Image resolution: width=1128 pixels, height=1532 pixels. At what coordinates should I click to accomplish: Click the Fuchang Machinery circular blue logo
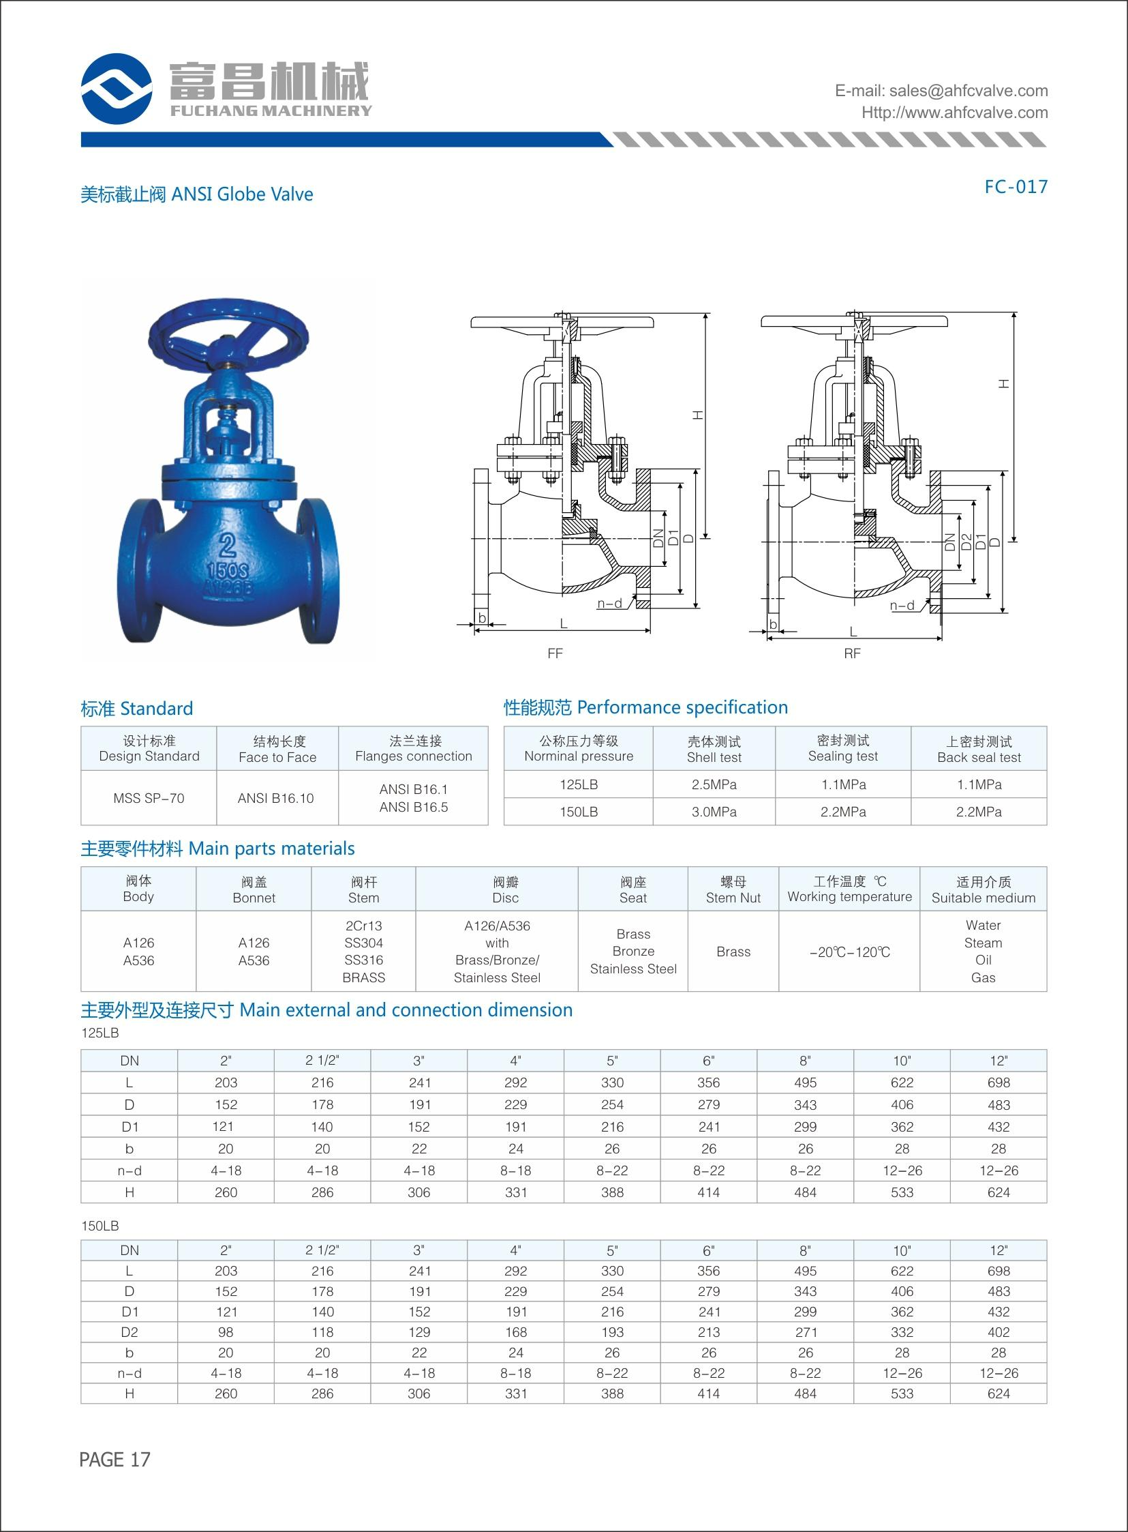(x=116, y=89)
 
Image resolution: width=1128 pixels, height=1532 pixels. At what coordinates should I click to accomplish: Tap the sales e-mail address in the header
(x=941, y=91)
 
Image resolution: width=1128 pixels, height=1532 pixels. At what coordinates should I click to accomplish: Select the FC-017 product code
(x=1016, y=186)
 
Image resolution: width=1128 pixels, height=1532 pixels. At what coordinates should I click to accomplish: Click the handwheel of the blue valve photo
(x=228, y=334)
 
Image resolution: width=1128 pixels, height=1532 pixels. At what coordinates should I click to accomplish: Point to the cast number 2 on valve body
(x=228, y=544)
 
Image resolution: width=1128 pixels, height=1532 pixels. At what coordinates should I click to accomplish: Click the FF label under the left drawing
(x=555, y=654)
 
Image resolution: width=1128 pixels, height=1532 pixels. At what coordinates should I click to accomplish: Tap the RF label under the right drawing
(x=852, y=654)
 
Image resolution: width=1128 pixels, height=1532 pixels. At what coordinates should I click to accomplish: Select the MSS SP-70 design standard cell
(x=149, y=798)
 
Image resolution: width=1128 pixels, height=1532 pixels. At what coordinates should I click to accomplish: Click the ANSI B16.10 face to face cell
(x=276, y=798)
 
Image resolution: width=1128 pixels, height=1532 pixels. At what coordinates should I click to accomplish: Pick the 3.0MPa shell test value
(x=714, y=812)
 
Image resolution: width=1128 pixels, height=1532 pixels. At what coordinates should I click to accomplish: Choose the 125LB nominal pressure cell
(x=579, y=784)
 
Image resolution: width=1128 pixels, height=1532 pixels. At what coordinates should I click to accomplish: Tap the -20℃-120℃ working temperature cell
(x=849, y=952)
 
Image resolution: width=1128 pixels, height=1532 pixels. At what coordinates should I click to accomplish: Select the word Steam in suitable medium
(x=983, y=943)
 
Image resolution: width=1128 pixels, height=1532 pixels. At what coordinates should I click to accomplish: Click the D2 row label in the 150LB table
(x=129, y=1331)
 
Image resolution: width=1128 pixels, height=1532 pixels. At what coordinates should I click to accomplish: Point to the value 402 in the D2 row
(x=999, y=1331)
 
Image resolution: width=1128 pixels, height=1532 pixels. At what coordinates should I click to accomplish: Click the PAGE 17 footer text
(x=115, y=1459)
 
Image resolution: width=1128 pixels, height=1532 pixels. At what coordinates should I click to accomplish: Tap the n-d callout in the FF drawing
(x=610, y=604)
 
